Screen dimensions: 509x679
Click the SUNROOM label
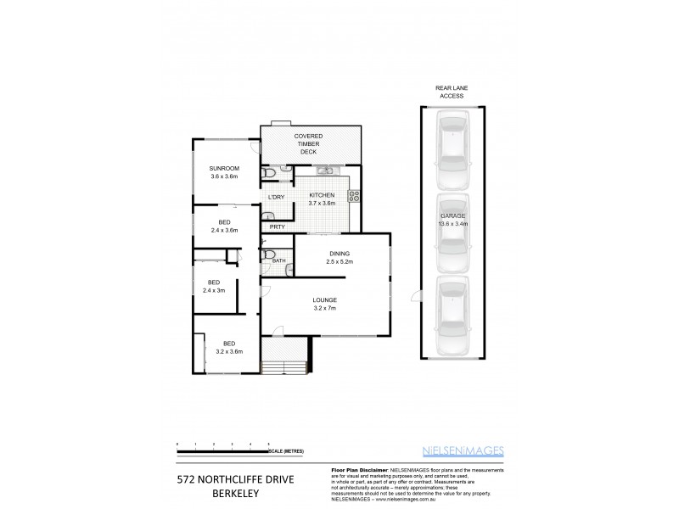click(x=225, y=168)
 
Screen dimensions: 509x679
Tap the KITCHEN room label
click(x=322, y=195)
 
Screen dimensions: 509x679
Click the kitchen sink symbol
click(x=324, y=171)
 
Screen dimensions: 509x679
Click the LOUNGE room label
click(x=324, y=299)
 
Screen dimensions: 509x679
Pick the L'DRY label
click(x=276, y=198)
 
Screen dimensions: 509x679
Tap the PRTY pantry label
click(x=277, y=227)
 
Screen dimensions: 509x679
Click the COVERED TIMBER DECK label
click(x=308, y=143)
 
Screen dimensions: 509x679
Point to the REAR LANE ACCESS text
click(x=452, y=92)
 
